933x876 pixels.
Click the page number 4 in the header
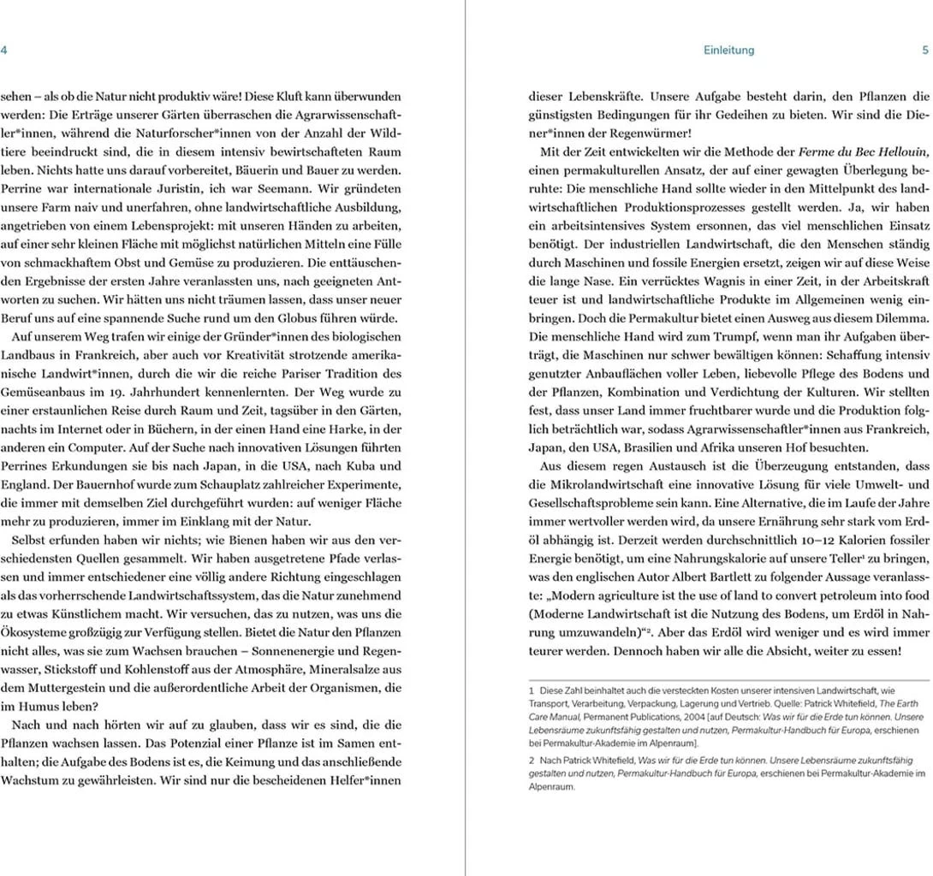4,50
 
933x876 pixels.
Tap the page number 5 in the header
925,50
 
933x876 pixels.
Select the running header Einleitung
728,50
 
